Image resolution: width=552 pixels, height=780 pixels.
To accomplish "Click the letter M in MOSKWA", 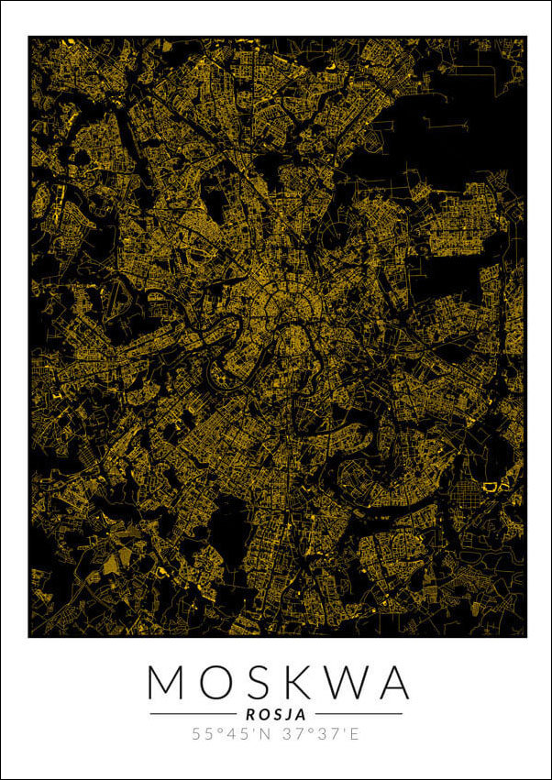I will point(168,683).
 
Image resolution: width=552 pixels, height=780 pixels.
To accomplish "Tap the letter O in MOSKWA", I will point(214,683).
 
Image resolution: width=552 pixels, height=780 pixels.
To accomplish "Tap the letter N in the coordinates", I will point(263,734).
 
